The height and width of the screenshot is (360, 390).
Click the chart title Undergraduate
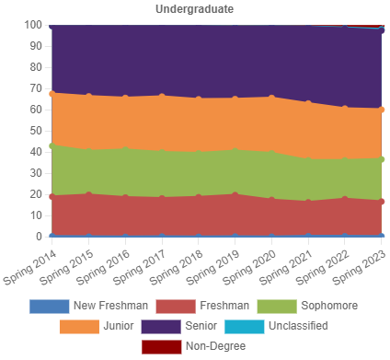(x=194, y=9)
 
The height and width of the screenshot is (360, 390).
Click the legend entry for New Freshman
(x=110, y=306)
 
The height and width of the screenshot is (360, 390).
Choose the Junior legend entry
(x=119, y=326)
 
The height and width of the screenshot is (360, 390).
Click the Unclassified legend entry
(x=297, y=326)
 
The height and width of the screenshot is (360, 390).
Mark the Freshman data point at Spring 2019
(x=235, y=194)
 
